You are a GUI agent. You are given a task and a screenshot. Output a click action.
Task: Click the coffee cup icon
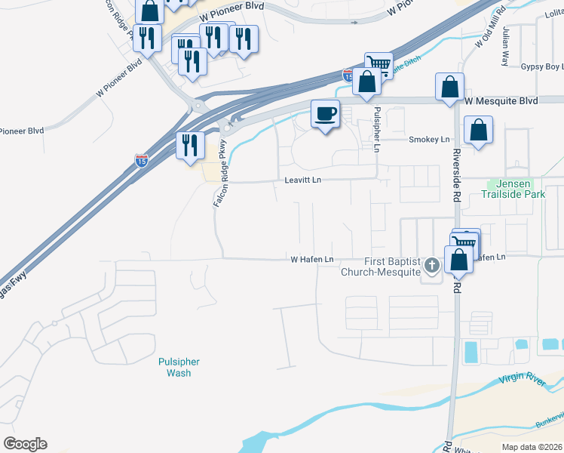click(325, 114)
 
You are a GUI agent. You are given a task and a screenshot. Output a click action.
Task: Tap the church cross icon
click(431, 265)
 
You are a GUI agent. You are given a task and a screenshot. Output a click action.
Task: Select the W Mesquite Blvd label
click(501, 100)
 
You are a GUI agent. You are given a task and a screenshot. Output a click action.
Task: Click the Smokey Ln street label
click(428, 140)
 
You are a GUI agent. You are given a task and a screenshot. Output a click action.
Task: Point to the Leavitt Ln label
click(303, 180)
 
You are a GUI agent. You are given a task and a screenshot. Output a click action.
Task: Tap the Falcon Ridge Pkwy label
click(219, 174)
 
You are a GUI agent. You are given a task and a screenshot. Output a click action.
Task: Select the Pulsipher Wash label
click(174, 367)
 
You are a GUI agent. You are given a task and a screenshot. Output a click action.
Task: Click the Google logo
click(25, 444)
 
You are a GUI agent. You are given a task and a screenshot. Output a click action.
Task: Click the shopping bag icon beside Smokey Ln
click(478, 130)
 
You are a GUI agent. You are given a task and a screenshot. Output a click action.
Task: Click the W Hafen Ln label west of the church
click(312, 260)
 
